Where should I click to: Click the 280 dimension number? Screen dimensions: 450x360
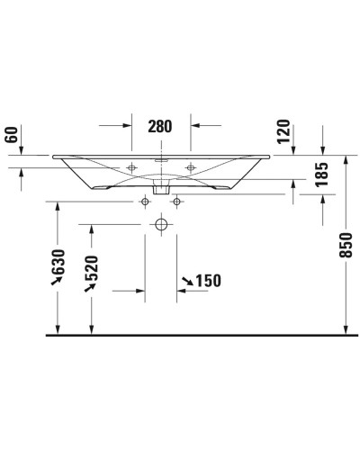[160, 126]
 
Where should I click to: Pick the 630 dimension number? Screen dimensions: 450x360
[60, 264]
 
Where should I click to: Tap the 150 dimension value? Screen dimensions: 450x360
[207, 282]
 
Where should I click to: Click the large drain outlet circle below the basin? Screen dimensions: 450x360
[160, 223]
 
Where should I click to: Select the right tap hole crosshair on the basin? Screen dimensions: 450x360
[189, 168]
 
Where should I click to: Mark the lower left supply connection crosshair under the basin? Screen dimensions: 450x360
[143, 202]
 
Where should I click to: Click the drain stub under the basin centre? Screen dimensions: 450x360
[160, 188]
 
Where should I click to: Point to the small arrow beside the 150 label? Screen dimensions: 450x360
[186, 284]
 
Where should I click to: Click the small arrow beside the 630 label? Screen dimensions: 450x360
[57, 282]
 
